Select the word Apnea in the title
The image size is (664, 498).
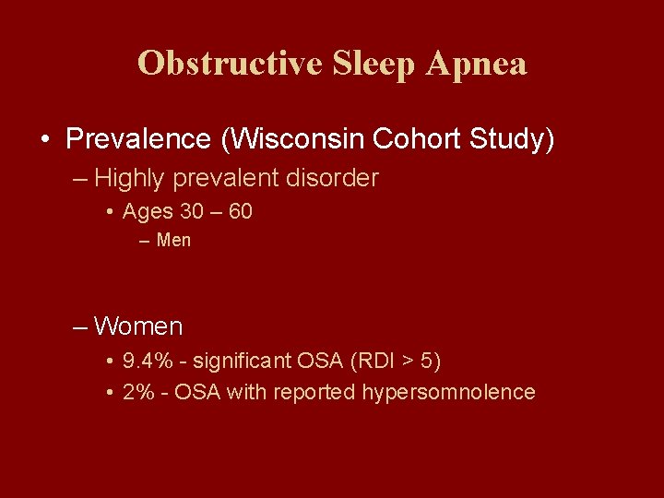(478, 64)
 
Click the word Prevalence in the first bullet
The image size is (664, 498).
(138, 139)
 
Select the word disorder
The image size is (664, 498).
(333, 178)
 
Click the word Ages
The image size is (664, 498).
(148, 212)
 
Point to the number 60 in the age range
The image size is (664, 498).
(240, 212)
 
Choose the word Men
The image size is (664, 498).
(173, 241)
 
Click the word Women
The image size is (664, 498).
(138, 326)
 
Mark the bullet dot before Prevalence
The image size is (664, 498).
(44, 140)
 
